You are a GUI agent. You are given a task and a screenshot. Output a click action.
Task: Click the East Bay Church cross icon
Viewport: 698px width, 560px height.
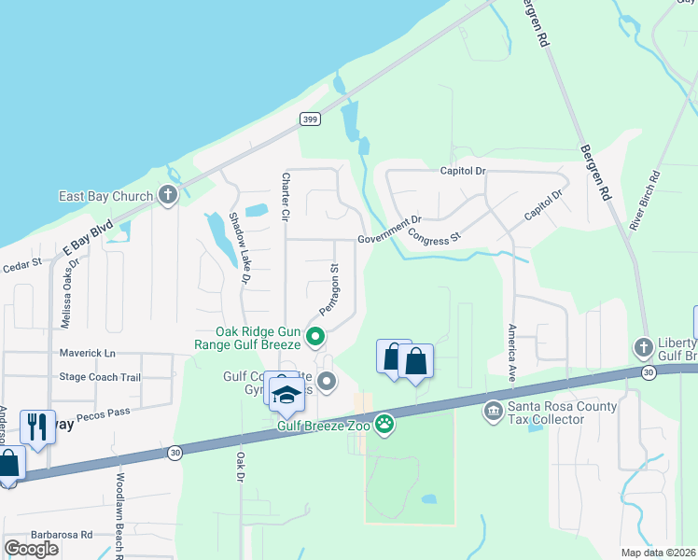pyautogui.click(x=168, y=195)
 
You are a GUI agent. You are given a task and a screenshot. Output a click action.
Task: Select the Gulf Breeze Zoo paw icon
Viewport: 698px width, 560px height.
pyautogui.click(x=384, y=425)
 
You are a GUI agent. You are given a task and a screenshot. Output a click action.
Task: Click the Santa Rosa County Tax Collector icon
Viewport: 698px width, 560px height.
pyautogui.click(x=493, y=410)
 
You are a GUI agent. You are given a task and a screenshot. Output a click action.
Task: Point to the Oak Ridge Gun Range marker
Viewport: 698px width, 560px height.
pyautogui.click(x=315, y=336)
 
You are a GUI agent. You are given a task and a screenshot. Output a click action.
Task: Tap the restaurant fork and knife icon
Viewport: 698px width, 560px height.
pyautogui.click(x=37, y=427)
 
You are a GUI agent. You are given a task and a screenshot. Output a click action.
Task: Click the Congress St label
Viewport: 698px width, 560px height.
pyautogui.click(x=435, y=230)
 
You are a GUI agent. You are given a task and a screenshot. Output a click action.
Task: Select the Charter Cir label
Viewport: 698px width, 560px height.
pyautogui.click(x=286, y=197)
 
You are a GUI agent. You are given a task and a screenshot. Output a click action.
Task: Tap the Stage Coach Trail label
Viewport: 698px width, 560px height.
pyautogui.click(x=100, y=377)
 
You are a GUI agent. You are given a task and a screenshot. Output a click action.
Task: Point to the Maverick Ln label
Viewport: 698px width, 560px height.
pyautogui.click(x=88, y=353)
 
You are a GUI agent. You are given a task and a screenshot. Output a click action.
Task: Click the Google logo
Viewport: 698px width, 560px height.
pyautogui.click(x=31, y=548)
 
